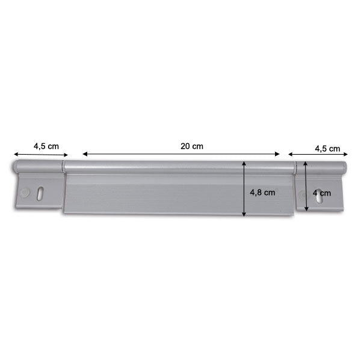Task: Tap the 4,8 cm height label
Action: click(x=262, y=193)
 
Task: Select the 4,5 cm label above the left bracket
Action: click(x=46, y=146)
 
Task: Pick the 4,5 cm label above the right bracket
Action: click(x=327, y=149)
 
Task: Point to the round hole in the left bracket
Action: click(x=25, y=192)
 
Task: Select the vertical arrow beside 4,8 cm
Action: click(x=244, y=188)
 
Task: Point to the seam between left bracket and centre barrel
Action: click(x=64, y=166)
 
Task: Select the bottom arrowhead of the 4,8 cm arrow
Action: click(x=244, y=214)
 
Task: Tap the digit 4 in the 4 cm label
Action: click(x=315, y=193)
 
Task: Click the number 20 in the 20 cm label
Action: click(x=185, y=146)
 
